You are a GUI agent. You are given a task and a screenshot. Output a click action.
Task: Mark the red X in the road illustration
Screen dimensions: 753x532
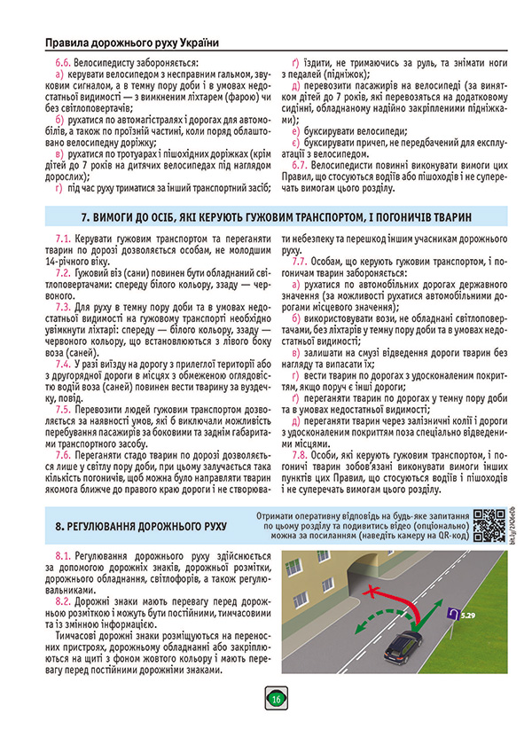[x=376, y=590]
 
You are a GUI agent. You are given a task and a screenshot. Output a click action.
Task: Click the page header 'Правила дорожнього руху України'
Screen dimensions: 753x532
[x=131, y=42]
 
